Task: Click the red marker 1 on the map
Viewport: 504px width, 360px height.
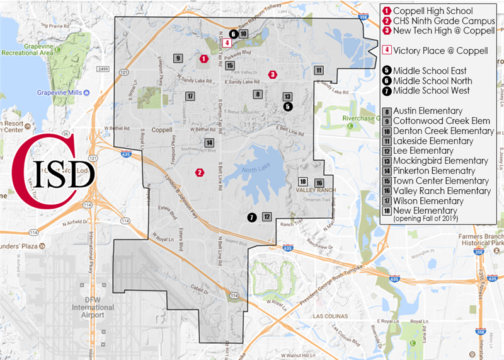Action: click(x=203, y=59)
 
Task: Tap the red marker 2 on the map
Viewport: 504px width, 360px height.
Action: click(x=200, y=172)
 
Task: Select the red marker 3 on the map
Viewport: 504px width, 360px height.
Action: click(x=272, y=74)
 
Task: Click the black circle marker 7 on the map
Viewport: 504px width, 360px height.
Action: click(x=252, y=217)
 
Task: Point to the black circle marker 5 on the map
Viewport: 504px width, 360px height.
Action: click(x=288, y=107)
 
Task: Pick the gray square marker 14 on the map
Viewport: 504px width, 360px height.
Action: click(x=209, y=142)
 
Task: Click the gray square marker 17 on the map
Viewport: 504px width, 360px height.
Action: click(x=190, y=96)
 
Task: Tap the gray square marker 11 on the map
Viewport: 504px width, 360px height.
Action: click(x=319, y=70)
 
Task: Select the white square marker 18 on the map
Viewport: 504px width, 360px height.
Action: click(x=303, y=182)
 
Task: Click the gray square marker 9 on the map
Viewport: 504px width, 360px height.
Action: click(x=178, y=59)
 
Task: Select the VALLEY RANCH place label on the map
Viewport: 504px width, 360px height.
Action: click(x=317, y=190)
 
